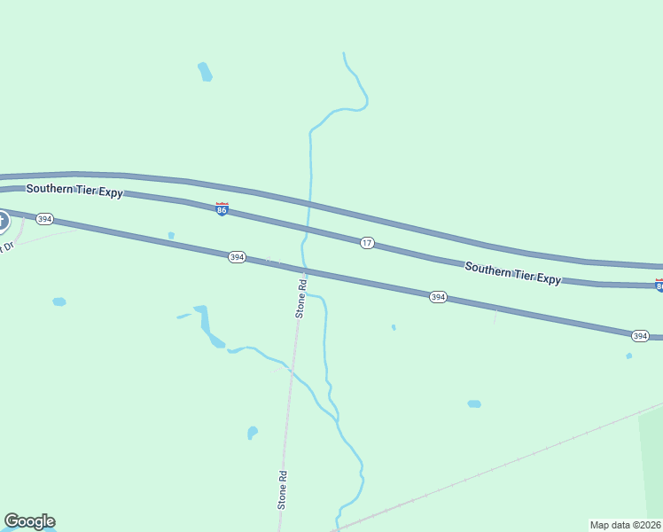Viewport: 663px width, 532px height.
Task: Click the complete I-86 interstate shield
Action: [222, 208]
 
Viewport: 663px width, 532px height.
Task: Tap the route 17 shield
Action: [367, 242]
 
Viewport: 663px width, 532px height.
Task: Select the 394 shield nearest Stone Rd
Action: [237, 257]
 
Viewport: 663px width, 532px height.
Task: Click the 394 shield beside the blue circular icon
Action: [45, 218]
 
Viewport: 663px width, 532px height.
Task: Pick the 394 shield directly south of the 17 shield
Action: [438, 297]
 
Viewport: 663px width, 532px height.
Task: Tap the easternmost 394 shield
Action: [640, 335]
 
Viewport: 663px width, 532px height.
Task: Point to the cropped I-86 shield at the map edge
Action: [659, 285]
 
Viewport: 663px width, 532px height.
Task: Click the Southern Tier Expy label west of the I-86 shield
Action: [74, 190]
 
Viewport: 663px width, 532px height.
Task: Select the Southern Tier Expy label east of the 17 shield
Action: [512, 272]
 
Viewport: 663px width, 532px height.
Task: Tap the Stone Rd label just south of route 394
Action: [301, 299]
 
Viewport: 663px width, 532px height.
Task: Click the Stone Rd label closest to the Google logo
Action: [283, 489]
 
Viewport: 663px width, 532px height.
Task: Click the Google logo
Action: [29, 521]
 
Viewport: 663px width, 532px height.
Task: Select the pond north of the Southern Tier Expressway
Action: [205, 72]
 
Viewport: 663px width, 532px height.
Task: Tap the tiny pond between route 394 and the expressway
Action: [171, 236]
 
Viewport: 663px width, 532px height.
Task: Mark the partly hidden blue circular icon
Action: [3, 221]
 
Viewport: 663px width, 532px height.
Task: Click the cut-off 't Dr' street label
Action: [8, 246]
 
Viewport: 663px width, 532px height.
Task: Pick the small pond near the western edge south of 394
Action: [59, 301]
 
